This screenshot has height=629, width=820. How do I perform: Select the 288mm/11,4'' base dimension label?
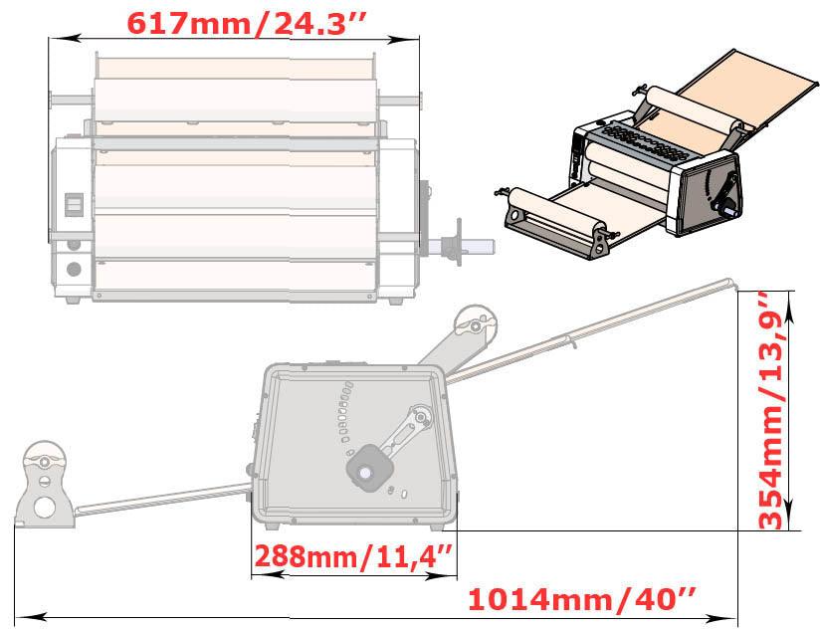click(x=353, y=555)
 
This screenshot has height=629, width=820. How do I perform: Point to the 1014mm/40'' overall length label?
click(x=581, y=600)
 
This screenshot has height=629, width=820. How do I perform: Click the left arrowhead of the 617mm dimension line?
click(x=56, y=39)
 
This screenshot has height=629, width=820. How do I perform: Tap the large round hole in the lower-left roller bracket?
click(x=45, y=507)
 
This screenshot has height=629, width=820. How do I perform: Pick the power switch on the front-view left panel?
click(x=72, y=203)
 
